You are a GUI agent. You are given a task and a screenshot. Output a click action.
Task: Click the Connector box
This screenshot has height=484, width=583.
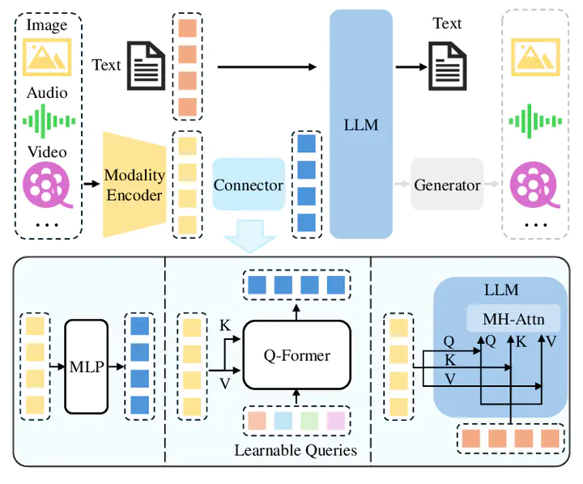coord(249,185)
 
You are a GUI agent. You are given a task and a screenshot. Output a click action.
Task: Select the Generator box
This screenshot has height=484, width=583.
coord(447,185)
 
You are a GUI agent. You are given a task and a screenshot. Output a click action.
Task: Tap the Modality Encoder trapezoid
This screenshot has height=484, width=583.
coord(134,185)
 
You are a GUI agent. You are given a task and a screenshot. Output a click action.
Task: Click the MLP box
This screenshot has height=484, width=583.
coord(87,367)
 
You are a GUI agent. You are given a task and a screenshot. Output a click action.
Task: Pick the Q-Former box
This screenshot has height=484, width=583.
coord(296,355)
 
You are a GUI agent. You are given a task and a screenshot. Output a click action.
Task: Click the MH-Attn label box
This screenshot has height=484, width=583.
coord(513,319)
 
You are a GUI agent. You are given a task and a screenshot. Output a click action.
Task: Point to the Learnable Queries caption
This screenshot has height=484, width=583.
coord(296,450)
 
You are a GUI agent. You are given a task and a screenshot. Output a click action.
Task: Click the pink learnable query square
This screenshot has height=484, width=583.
coord(336,420)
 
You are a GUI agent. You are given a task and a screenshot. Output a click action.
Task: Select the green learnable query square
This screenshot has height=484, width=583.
coord(309,420)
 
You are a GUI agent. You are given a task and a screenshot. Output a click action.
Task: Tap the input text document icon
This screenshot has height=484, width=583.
coord(146,66)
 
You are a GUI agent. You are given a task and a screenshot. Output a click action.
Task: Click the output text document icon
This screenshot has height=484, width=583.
coord(447,66)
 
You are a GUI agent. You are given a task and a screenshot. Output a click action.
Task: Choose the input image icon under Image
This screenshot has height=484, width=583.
coord(47,57)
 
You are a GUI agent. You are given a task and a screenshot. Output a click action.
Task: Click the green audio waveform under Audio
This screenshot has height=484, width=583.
coord(49,121)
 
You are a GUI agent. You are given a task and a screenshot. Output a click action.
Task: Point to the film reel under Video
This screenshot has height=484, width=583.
coord(48,185)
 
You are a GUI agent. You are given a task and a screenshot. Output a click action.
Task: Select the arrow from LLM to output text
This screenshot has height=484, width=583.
coord(411,67)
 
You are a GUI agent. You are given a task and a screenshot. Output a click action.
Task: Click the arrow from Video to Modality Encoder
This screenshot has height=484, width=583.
coord(91,184)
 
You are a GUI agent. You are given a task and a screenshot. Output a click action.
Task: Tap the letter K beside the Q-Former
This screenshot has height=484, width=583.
coord(224,325)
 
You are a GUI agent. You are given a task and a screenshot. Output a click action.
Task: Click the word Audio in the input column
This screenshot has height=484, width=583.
coord(47,92)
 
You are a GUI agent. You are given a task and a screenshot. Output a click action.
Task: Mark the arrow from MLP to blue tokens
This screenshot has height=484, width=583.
coord(117,367)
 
